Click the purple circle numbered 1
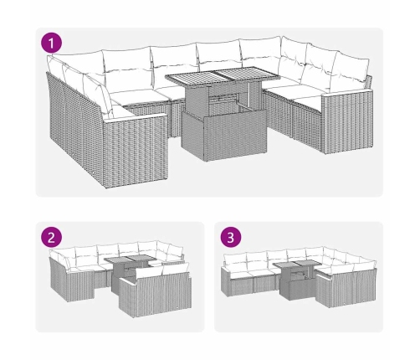pyautogui.click(x=51, y=43)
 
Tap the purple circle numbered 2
pyautogui.click(x=51, y=237)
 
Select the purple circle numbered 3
pyautogui.click(x=231, y=237)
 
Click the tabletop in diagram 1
pyautogui.click(x=223, y=75)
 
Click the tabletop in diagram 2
pyautogui.click(x=130, y=260)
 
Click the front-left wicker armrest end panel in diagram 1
pyautogui.click(x=136, y=151)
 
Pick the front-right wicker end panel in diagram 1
pyautogui.click(x=347, y=123)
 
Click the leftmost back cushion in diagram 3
pyautogui.click(x=235, y=260)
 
